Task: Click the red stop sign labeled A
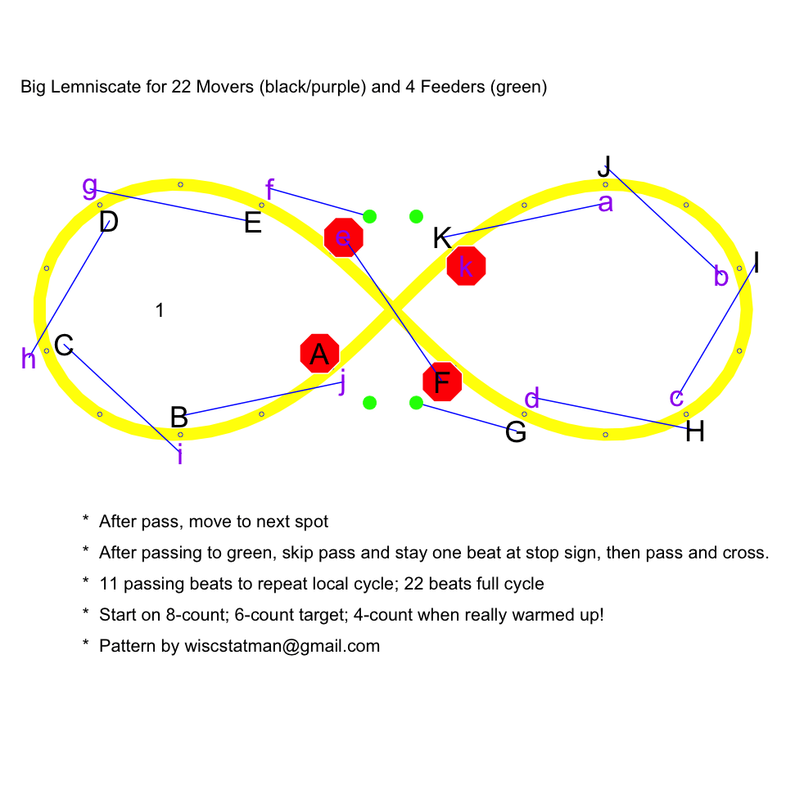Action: point(320,354)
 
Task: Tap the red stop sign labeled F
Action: point(442,382)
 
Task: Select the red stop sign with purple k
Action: point(467,266)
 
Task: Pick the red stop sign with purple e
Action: point(344,237)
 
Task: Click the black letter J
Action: point(604,165)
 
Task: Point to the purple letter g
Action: point(90,186)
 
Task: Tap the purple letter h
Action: point(29,359)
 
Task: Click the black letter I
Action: point(757,263)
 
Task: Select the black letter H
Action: point(695,431)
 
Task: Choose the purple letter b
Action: point(720,277)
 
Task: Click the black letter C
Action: point(64,346)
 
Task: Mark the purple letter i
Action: point(180,454)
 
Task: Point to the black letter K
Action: point(442,239)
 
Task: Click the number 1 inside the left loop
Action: point(160,310)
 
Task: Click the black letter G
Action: point(516,431)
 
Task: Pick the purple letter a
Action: point(605,203)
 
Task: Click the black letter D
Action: point(108,222)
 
